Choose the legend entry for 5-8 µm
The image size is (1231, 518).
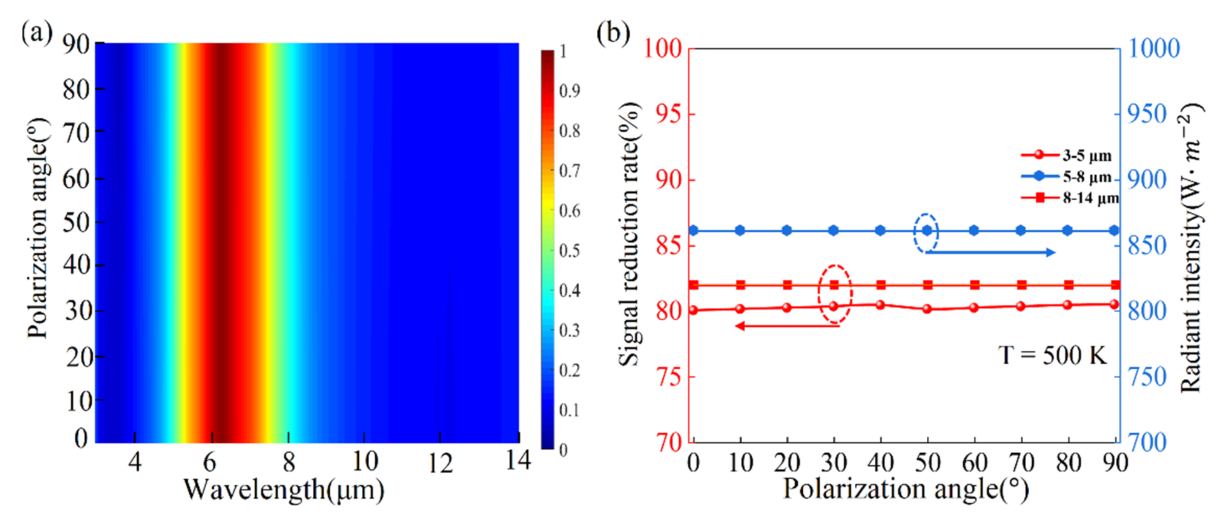click(x=1071, y=177)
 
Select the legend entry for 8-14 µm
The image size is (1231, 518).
click(x=1071, y=198)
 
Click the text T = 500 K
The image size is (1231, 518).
click(x=1052, y=356)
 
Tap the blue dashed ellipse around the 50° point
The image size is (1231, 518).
click(x=926, y=233)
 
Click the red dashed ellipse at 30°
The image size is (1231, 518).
click(x=834, y=294)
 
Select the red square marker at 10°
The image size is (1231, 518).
click(x=740, y=285)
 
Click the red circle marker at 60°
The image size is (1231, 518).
click(x=974, y=308)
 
